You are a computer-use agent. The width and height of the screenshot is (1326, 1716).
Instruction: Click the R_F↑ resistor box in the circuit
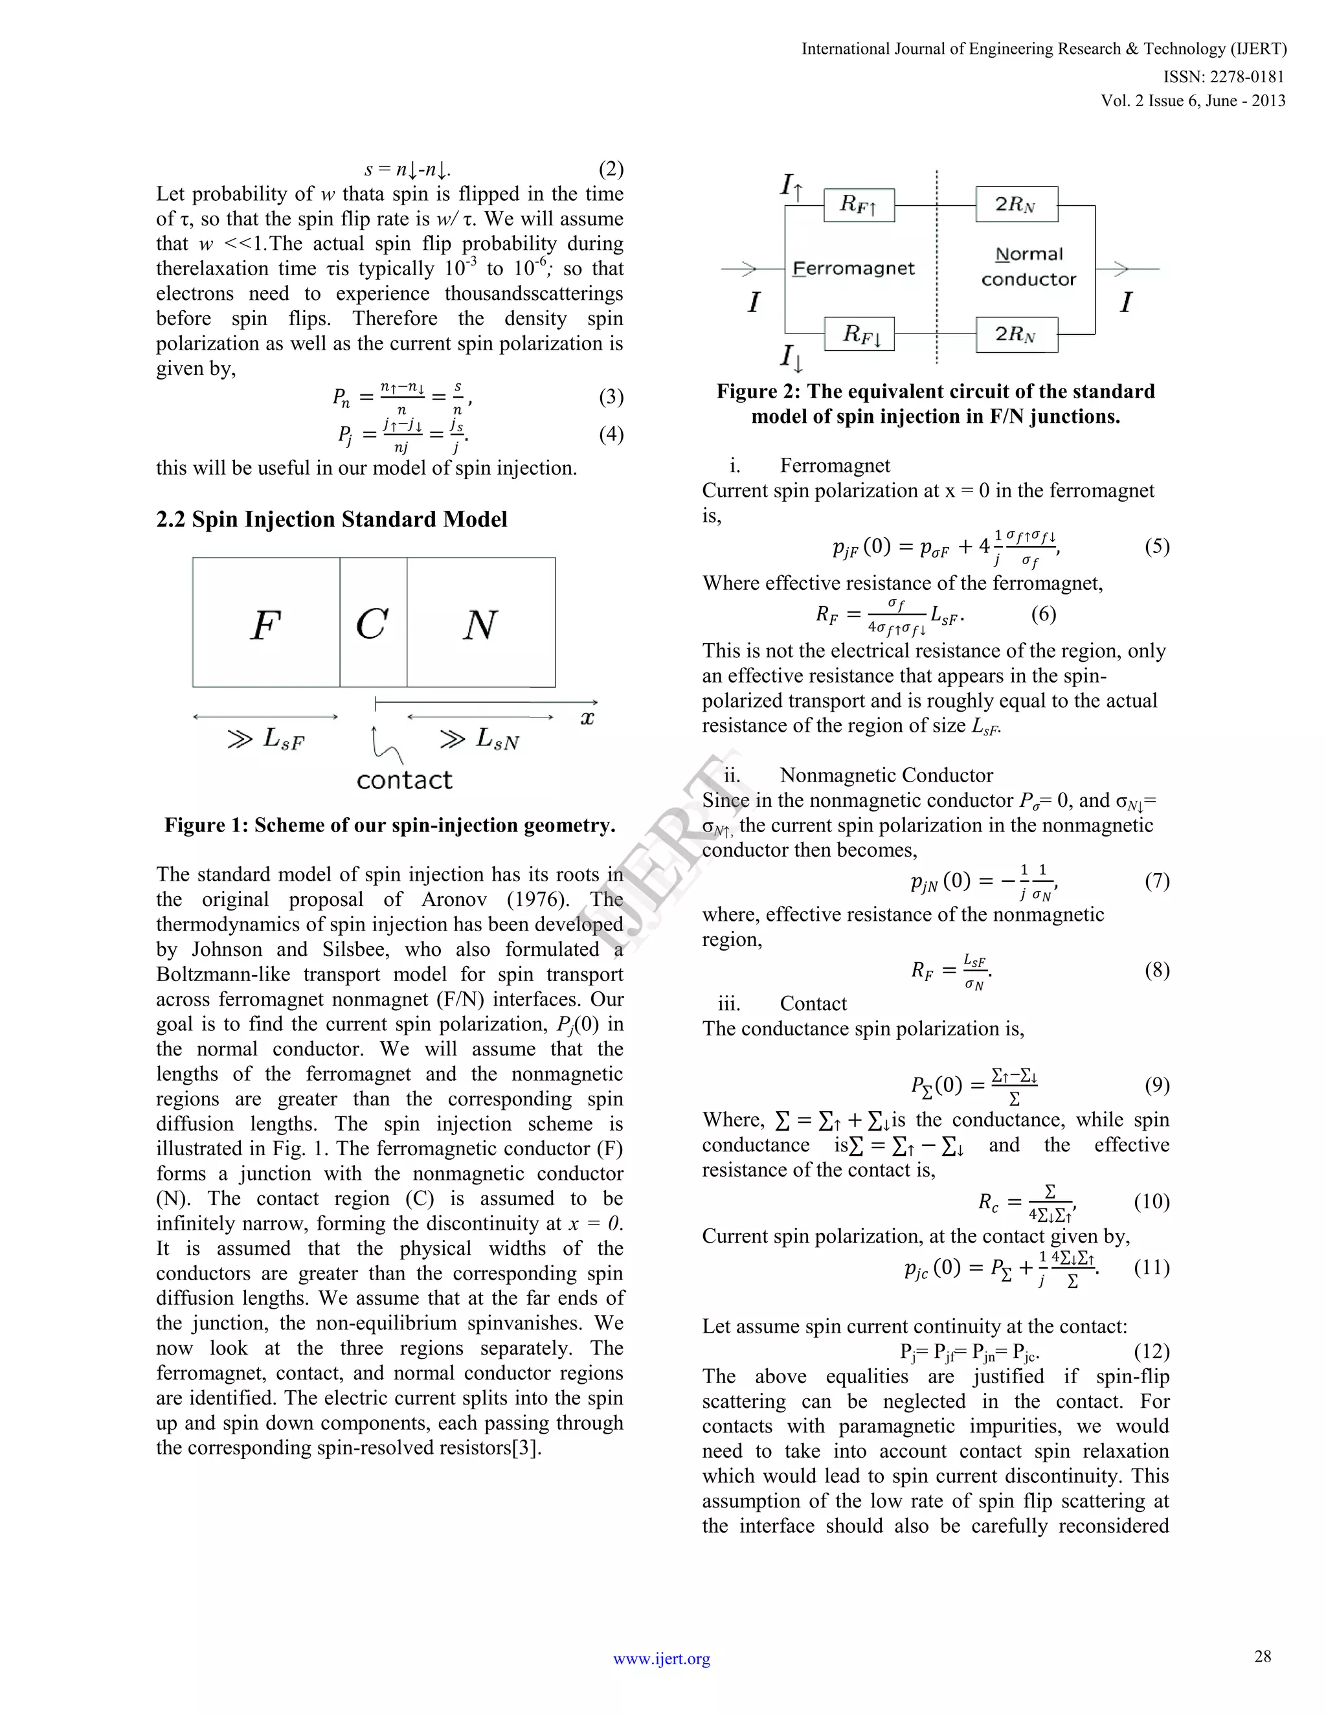859,205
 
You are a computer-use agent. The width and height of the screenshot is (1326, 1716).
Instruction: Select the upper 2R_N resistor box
1016,205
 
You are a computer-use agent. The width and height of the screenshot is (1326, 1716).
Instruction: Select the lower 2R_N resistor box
1016,335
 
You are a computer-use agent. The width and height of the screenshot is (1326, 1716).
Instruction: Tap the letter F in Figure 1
265,626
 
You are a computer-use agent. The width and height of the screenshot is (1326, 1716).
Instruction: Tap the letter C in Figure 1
372,626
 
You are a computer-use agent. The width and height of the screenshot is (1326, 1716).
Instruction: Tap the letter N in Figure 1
479,626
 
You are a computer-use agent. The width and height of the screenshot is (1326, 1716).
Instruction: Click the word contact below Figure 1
404,780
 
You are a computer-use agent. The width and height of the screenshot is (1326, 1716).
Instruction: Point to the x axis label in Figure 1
587,717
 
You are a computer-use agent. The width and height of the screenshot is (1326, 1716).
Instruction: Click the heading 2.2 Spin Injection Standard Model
331,519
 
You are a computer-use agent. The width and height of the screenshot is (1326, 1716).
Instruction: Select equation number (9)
1156,1085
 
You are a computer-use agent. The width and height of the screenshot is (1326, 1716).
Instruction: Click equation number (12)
1152,1351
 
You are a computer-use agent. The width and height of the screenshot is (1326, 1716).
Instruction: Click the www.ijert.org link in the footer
662,1658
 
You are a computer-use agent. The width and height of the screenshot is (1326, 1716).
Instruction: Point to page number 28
1263,1656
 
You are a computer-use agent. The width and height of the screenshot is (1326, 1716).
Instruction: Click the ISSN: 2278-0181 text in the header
1223,76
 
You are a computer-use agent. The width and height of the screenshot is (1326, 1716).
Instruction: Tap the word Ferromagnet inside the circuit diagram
854,269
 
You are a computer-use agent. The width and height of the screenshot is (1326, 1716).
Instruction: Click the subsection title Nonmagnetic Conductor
886,776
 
